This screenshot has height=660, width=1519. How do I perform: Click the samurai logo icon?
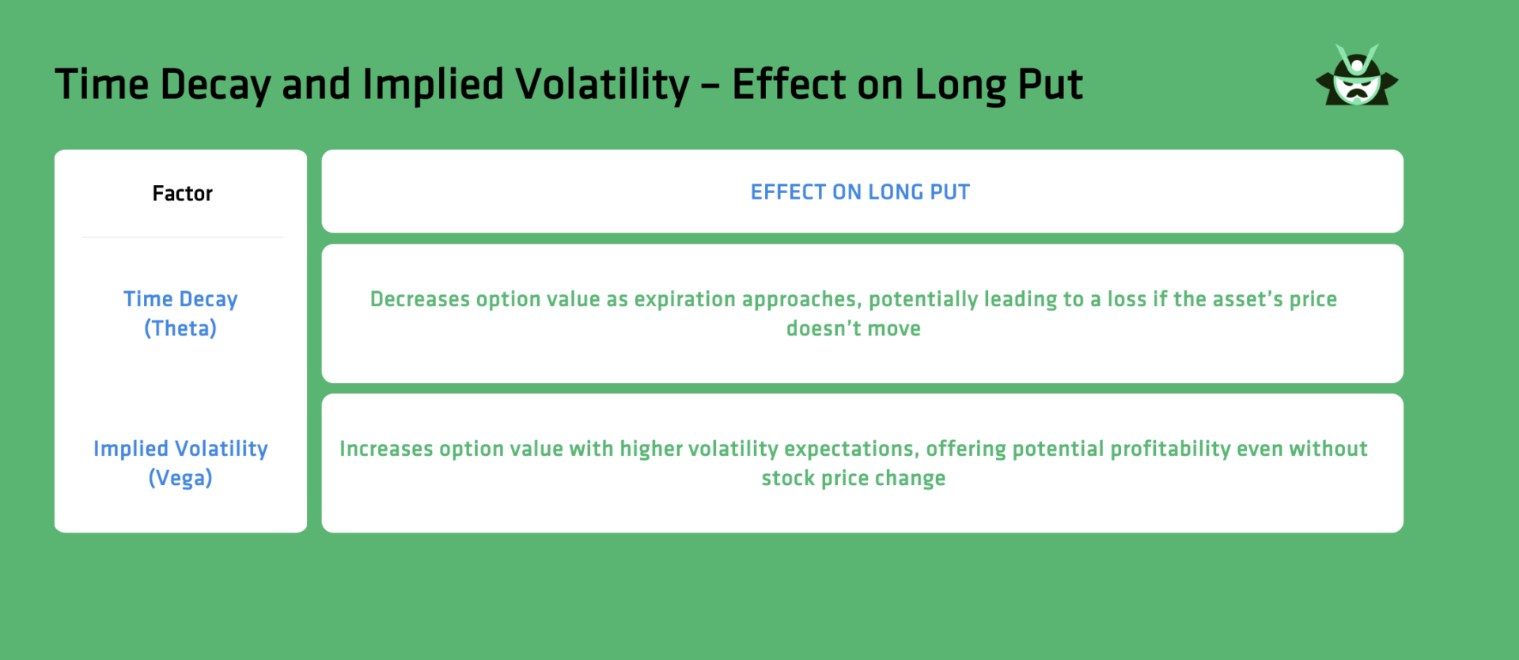1357,77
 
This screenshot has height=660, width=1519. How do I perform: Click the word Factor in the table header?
182,193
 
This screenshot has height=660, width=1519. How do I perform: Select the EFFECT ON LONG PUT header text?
860,192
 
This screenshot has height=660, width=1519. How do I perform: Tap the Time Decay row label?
180,299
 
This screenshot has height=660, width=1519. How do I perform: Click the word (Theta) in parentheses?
180,328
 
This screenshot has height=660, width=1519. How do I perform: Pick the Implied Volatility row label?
180,449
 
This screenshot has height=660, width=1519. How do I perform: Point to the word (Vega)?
180,478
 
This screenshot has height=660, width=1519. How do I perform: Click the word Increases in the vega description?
386,449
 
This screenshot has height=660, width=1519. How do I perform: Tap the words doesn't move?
853,328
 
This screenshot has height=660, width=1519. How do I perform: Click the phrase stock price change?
853,478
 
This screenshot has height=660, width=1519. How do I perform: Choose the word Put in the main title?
1050,85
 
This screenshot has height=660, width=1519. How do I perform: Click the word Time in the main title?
101,85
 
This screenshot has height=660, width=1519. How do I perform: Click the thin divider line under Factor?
182,237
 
